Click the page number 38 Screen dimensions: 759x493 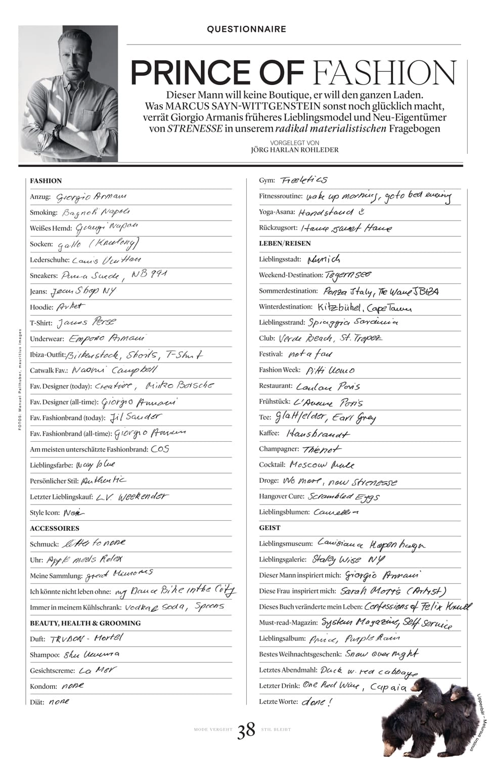(246, 730)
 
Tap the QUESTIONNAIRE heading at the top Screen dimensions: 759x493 (246, 29)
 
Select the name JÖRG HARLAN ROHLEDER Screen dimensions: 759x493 (295, 150)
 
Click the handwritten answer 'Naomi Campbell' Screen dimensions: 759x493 (114, 370)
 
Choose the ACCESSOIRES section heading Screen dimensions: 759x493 (55, 528)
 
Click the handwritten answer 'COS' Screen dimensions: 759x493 (160, 449)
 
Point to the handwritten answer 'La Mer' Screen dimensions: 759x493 (97, 670)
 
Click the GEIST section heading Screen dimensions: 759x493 (270, 528)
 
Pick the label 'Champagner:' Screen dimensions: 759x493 (279, 449)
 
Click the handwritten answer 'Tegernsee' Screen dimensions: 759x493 (348, 274)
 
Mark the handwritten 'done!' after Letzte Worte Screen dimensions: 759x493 (317, 702)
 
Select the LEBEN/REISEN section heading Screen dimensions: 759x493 (285, 243)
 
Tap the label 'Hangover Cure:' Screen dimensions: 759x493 (281, 496)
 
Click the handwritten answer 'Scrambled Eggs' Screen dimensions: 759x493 (343, 497)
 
